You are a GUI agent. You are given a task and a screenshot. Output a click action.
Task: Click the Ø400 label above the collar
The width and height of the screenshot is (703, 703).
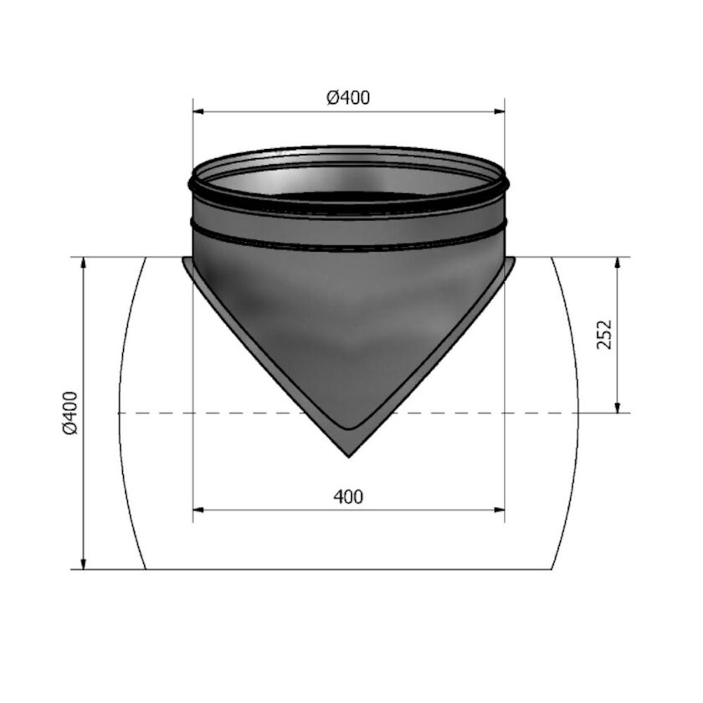point(348,98)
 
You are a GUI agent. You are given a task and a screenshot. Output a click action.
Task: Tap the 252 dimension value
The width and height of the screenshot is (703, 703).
point(606,334)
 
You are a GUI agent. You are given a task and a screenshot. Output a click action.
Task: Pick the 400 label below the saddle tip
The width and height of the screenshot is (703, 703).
point(348,496)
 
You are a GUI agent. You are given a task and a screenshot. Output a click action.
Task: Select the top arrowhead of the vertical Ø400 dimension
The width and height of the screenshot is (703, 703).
point(84,263)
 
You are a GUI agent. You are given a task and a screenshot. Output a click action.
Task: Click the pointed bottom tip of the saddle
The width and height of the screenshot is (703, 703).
point(349,456)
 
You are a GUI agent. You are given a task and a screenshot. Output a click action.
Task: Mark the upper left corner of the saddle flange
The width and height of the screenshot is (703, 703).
point(184,259)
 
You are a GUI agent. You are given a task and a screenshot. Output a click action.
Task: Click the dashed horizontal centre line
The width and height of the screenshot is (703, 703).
point(251,413)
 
